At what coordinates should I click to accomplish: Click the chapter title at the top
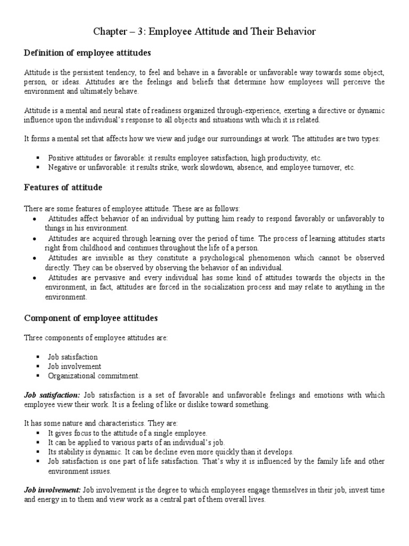[204, 32]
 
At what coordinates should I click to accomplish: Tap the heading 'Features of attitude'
[63, 187]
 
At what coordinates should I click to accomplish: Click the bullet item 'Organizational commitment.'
[94, 376]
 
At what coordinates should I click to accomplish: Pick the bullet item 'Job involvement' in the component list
[75, 366]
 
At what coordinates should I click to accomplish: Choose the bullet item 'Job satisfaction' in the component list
[73, 357]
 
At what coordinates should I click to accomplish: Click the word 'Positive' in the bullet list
[60, 158]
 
